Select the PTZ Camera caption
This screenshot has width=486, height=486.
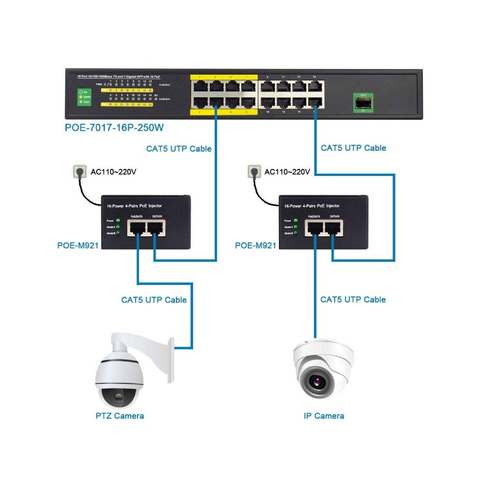click(120, 416)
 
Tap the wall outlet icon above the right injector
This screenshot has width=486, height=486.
click(253, 172)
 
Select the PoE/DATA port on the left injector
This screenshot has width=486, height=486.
click(137, 227)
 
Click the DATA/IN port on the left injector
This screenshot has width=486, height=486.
click(156, 227)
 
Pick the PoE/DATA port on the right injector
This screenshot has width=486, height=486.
click(315, 227)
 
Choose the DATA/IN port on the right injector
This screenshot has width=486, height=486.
click(333, 227)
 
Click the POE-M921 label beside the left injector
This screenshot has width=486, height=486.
click(78, 245)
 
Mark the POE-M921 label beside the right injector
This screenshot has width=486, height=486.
click(256, 245)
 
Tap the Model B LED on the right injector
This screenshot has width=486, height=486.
click(296, 233)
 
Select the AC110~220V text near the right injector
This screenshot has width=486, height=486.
click(287, 172)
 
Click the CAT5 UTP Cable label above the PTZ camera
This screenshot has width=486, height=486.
click(154, 300)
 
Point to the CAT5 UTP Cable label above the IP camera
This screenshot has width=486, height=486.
click(353, 299)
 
